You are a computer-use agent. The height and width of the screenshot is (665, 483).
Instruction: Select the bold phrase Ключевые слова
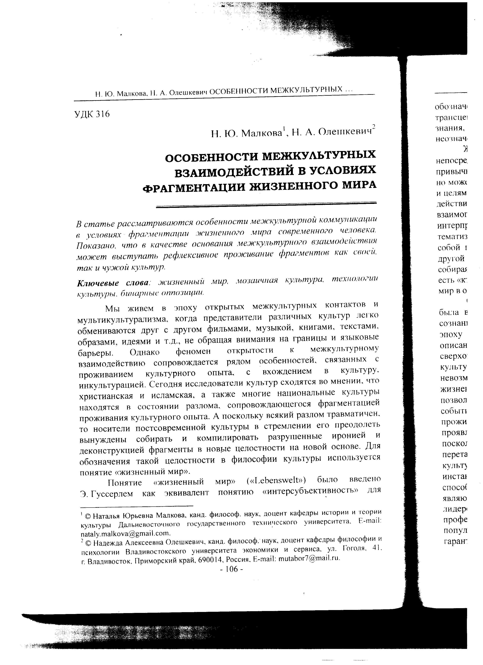(113, 284)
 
